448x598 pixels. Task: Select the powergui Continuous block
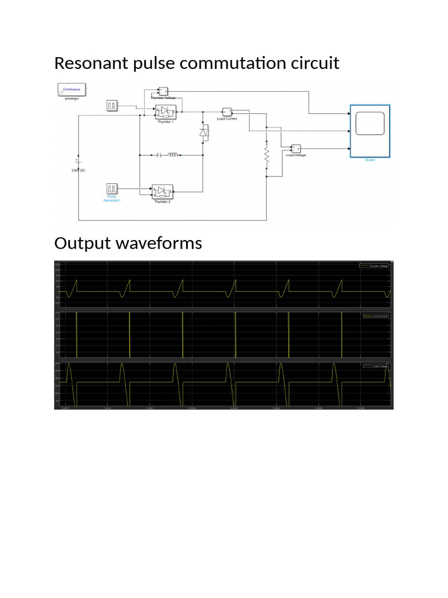click(71, 90)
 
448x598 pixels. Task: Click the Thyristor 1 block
click(166, 112)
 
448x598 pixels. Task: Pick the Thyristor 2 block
click(162, 191)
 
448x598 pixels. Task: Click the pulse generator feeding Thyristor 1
click(111, 106)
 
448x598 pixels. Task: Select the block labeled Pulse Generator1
click(111, 189)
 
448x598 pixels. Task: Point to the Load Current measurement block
click(227, 112)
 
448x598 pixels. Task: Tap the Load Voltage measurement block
click(296, 148)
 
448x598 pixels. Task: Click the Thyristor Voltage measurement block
click(163, 91)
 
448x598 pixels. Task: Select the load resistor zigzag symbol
click(266, 156)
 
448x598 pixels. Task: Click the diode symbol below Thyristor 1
click(204, 133)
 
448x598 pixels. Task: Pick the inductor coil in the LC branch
click(173, 155)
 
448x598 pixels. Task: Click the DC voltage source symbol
click(78, 161)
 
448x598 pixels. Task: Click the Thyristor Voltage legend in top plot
click(374, 266)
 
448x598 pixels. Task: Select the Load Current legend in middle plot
click(374, 316)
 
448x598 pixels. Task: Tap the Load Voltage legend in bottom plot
click(374, 366)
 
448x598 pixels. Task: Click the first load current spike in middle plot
click(76, 334)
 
